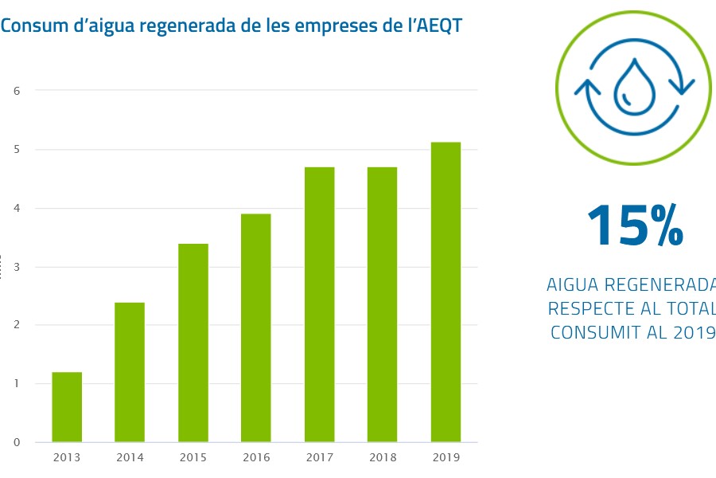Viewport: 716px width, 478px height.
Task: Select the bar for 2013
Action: coord(67,407)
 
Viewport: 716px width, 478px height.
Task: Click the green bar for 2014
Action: coord(130,372)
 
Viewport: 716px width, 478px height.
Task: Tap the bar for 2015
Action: coord(193,343)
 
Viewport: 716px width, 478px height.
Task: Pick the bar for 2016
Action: coord(256,327)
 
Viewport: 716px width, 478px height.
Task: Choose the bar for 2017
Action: coord(319,304)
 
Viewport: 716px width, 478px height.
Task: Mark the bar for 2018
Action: coord(382,304)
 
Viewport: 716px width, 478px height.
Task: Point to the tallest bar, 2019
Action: coord(446,292)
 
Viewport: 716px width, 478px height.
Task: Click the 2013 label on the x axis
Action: coord(67,457)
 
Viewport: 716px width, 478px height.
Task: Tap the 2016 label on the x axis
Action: coord(256,457)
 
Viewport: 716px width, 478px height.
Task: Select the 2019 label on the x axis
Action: coord(446,457)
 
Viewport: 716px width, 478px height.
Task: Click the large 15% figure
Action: coord(634,225)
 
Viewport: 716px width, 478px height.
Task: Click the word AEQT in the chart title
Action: coord(438,25)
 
